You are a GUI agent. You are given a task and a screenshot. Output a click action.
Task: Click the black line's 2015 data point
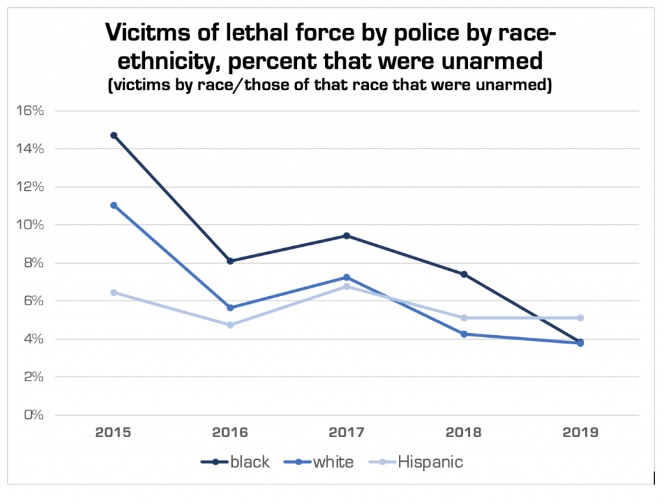point(114,135)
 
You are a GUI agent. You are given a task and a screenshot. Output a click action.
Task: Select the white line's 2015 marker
point(114,205)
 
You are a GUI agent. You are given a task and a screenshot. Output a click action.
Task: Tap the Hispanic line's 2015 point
point(114,292)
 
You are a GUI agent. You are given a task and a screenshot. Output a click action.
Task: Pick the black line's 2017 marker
point(347,236)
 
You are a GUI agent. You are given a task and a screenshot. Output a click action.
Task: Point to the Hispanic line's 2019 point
point(580,318)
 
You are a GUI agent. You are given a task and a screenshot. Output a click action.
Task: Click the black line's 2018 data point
point(464,274)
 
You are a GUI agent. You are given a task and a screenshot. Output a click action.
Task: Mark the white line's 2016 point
point(230,307)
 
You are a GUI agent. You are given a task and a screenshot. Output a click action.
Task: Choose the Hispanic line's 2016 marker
point(230,325)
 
